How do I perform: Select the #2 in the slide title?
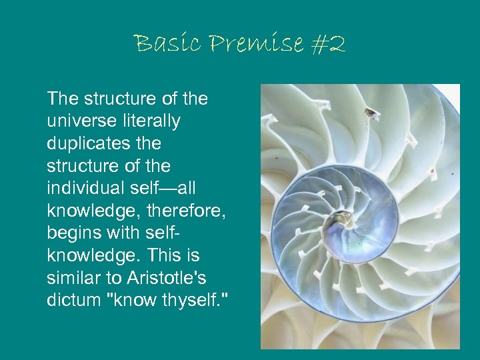(328, 44)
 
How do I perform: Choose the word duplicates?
(87, 144)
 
